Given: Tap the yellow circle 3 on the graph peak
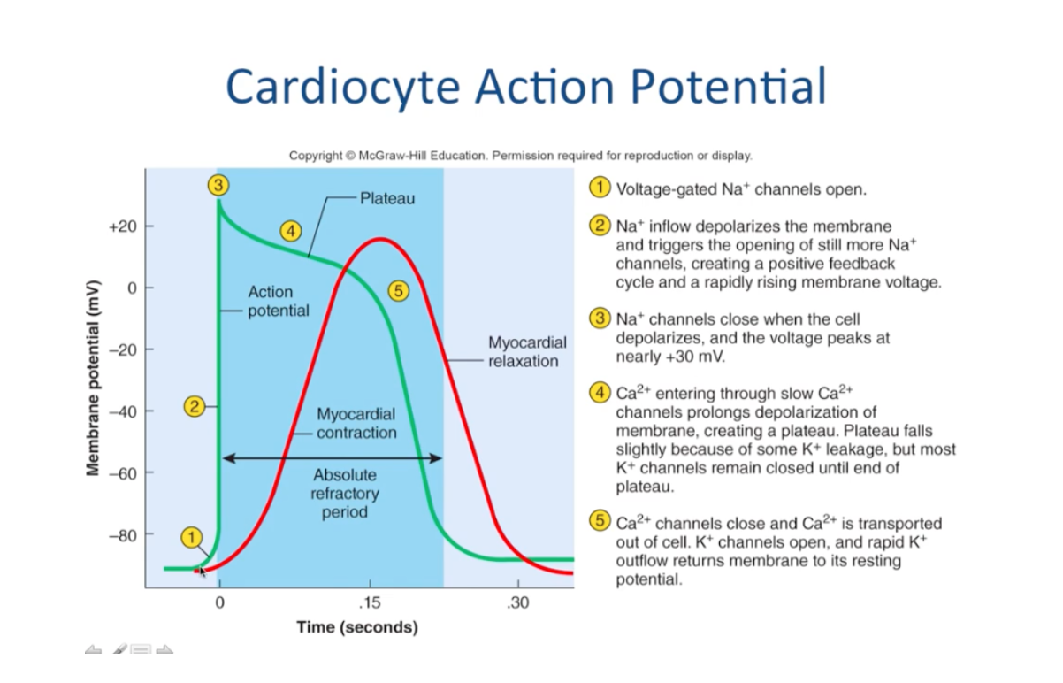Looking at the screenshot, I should (x=218, y=185).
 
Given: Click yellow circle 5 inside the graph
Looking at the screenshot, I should (x=399, y=292).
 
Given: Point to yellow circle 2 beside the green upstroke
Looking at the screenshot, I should (x=195, y=407).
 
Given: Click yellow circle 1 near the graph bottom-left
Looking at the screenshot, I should (x=192, y=537).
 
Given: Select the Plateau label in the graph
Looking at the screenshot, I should (x=387, y=198).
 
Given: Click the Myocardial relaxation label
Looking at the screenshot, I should (x=523, y=351).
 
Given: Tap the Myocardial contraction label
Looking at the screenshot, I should (x=356, y=423).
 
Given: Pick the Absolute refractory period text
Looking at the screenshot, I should (x=344, y=494).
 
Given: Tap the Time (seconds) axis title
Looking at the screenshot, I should (x=356, y=627).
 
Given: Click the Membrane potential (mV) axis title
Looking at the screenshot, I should (x=93, y=380).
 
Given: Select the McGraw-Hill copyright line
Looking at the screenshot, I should (x=520, y=156).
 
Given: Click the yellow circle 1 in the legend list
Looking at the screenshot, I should (x=600, y=189).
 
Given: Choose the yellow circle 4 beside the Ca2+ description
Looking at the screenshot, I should (x=600, y=393).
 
